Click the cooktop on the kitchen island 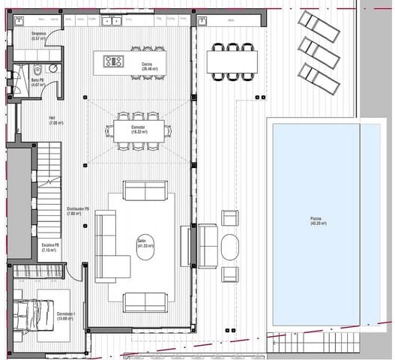tap(114, 61)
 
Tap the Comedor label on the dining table tap(138, 130)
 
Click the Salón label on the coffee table tap(145, 244)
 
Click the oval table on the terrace tap(230, 247)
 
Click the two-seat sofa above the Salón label tap(145, 190)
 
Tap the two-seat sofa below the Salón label tap(145, 301)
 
